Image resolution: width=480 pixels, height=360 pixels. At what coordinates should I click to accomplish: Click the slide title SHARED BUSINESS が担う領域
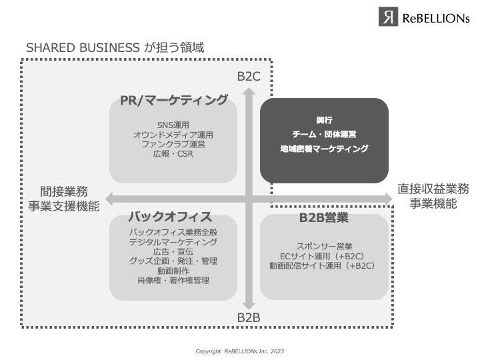pos(115,48)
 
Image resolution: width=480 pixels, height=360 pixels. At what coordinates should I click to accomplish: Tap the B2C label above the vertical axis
pos(249,77)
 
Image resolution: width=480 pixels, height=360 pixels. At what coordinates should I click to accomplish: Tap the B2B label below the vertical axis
pos(249,317)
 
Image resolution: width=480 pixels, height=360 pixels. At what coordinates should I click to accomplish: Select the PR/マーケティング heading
pos(173,101)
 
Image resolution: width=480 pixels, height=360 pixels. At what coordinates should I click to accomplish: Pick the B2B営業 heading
pos(324,217)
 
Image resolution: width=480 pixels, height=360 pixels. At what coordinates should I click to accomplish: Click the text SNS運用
pos(173,125)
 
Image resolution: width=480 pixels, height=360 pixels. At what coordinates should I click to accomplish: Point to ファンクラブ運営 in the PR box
pos(173,144)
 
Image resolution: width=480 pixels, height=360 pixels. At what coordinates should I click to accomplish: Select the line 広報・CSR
pos(173,154)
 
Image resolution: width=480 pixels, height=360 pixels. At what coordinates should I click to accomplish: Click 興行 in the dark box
pos(324,121)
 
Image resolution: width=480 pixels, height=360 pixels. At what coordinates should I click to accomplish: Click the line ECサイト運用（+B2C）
pos(324,256)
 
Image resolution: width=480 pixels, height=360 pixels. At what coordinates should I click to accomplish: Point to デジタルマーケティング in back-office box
pos(173,242)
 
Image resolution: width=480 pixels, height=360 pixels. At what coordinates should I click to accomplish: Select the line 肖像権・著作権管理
pos(173,281)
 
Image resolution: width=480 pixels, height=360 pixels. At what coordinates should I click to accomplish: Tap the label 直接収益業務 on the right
pos(433,189)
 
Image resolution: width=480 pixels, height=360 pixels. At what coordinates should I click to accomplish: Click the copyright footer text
pos(239,351)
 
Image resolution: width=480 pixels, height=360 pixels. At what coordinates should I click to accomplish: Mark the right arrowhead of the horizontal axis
pos(386,197)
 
